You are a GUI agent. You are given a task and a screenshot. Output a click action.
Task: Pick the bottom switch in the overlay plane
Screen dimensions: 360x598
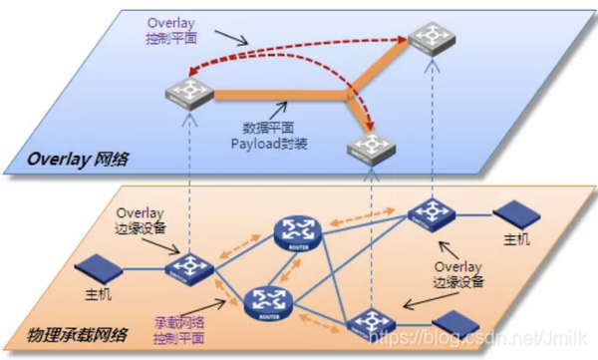[371, 150]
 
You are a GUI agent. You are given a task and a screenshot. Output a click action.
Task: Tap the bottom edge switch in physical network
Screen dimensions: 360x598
[372, 320]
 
